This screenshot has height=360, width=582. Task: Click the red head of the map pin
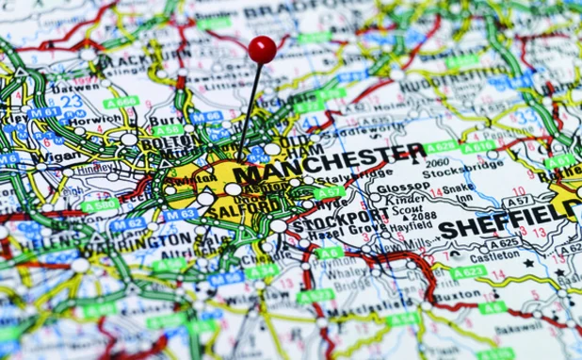pyautogui.click(x=262, y=50)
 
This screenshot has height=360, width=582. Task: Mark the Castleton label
pyautogui.click(x=494, y=256)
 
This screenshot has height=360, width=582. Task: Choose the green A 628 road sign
pyautogui.click(x=442, y=148)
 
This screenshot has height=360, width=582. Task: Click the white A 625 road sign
pyautogui.click(x=504, y=243)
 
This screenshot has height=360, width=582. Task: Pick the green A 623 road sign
pyautogui.click(x=468, y=271)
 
